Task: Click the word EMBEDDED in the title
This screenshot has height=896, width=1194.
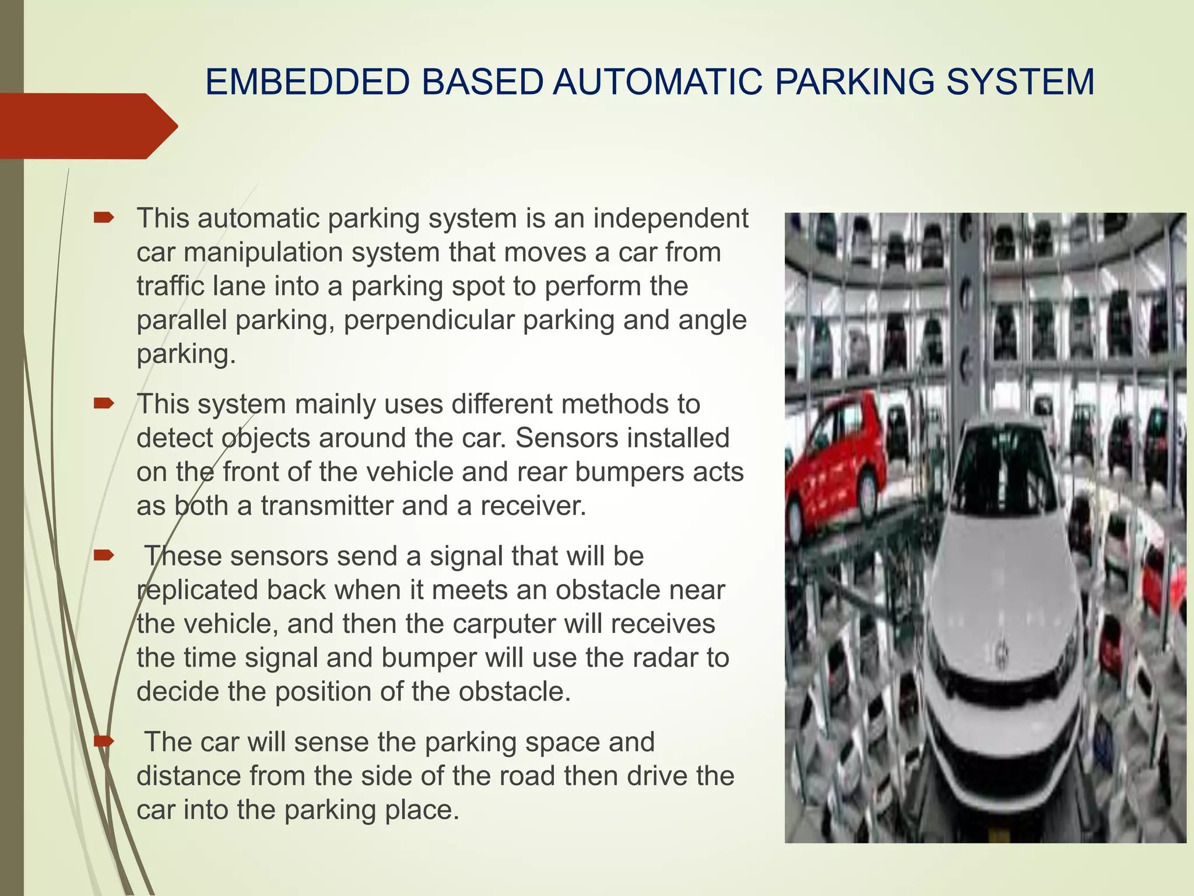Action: point(307,82)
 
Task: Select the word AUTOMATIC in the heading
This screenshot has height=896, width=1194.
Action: point(657,82)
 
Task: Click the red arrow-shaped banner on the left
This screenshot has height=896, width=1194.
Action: point(87,126)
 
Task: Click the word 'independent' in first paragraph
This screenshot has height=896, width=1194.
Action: point(670,218)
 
